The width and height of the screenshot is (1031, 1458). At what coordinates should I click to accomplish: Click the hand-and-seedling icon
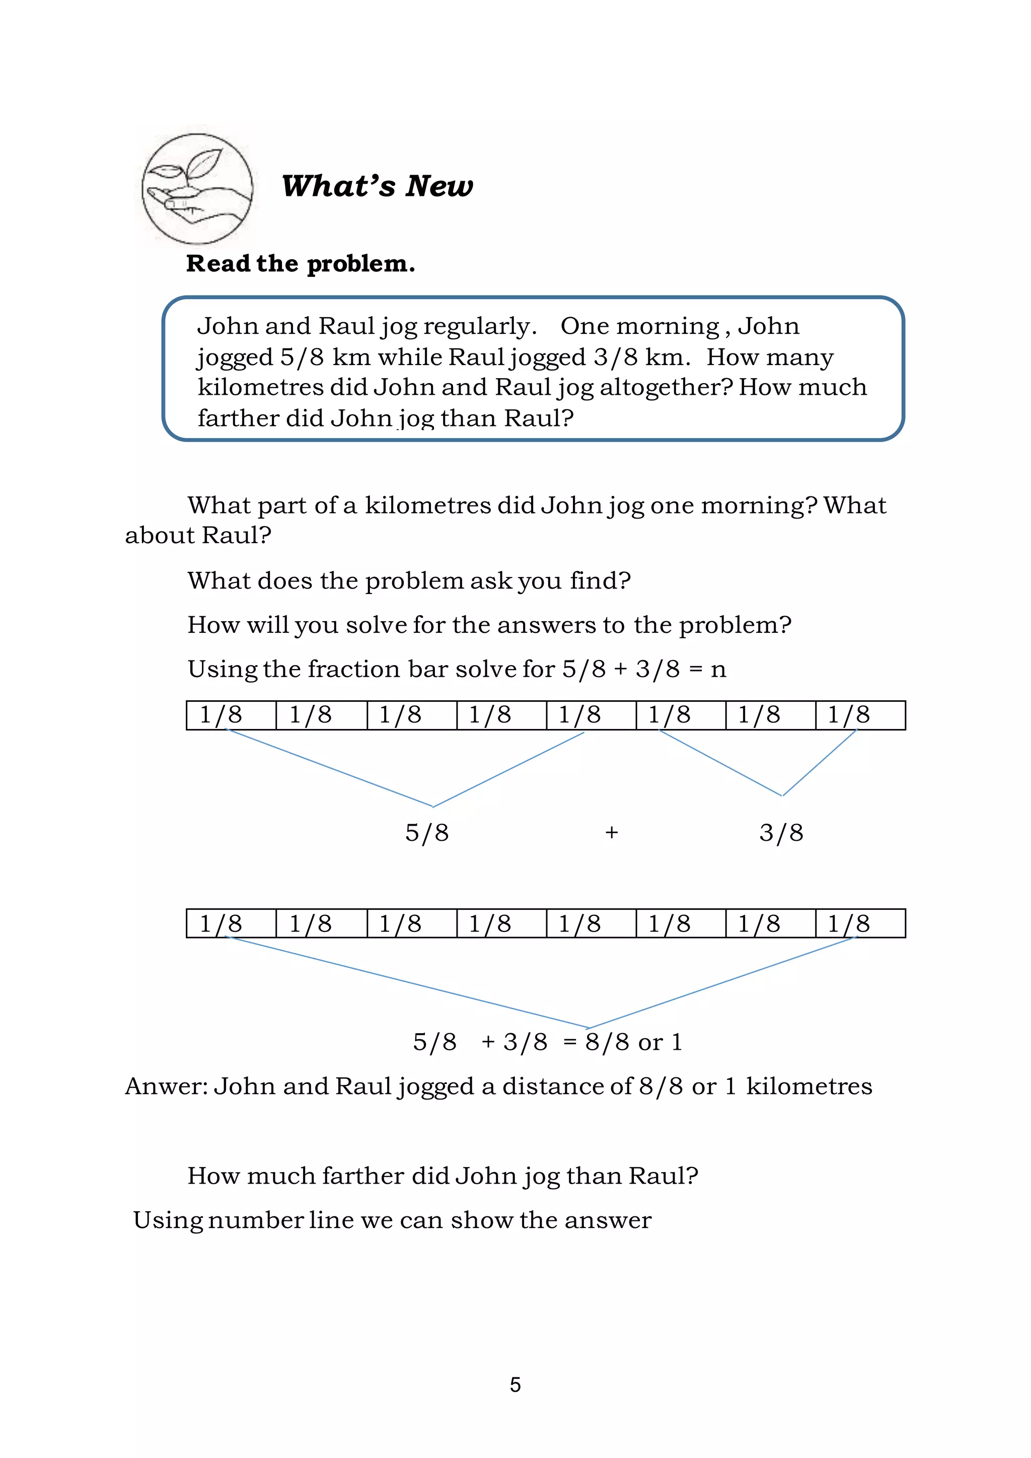pos(197,189)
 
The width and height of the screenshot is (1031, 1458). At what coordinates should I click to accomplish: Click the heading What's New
pos(377,186)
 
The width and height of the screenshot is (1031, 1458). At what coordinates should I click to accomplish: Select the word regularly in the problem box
pos(479,326)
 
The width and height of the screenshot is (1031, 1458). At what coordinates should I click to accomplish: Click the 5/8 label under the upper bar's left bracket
pos(426,833)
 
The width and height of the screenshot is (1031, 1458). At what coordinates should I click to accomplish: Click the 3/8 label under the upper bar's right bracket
pos(781,833)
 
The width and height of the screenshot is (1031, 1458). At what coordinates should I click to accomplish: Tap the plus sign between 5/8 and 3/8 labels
pos(611,833)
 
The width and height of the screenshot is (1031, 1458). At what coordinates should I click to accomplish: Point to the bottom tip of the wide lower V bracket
pos(588,1027)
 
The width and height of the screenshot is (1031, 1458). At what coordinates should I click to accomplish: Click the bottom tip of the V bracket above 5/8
pos(433,806)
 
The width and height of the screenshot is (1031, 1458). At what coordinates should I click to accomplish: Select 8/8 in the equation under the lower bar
pos(607,1042)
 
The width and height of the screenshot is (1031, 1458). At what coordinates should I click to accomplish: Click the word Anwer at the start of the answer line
pos(166,1086)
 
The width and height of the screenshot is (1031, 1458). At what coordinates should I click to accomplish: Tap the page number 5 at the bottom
pos(515,1385)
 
